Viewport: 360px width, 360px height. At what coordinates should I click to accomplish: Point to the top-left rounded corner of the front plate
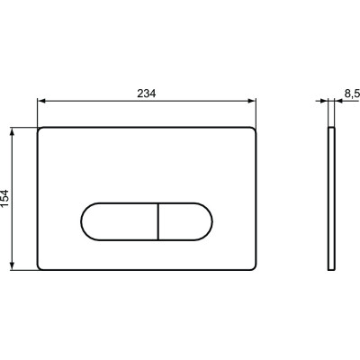(x=41, y=131)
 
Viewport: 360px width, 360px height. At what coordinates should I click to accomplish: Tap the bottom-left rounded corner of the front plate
(x=41, y=265)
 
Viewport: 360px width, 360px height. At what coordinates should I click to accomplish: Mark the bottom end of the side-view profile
(x=331, y=267)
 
